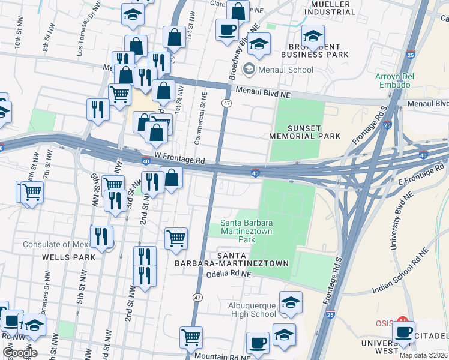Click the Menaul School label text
[285, 70]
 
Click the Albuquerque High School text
[252, 310]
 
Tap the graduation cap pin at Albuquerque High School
[291, 304]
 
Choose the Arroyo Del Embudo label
[391, 80]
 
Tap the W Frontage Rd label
[179, 161]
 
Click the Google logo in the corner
[19, 353]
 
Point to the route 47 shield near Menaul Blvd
[226, 103]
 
